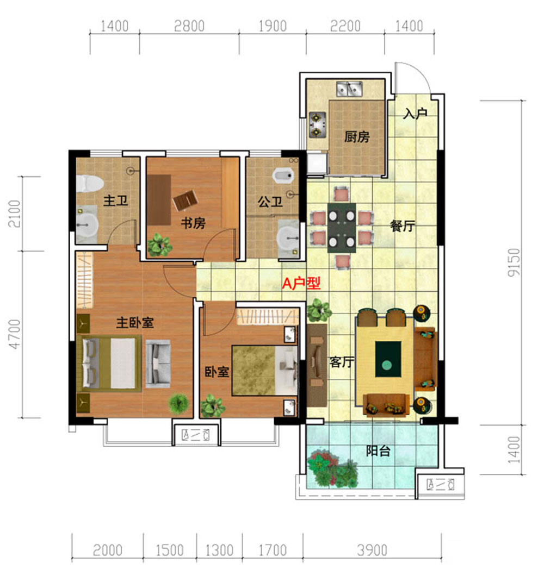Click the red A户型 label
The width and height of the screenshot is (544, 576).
pos(301,283)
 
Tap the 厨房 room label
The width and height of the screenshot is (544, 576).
pos(357,137)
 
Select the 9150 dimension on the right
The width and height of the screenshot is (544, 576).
pos(514,262)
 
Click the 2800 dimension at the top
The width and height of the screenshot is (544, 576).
pos(189,27)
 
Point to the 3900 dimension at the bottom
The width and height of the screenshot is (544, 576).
pos(372,550)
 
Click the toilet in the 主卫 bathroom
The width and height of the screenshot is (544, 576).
pos(89,183)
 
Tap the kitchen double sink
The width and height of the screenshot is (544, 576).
pos(349,89)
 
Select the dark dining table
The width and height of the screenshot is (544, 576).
pos(342,228)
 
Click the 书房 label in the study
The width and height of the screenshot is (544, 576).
pos(193,223)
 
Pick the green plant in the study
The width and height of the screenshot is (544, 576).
pos(160,245)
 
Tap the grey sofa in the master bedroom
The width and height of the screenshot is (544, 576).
pos(158,364)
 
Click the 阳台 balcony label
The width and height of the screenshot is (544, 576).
pos(378,450)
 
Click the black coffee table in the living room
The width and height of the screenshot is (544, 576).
pos(388,359)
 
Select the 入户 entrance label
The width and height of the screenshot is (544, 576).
pos(415,114)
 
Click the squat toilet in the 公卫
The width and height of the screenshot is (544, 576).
pos(283,176)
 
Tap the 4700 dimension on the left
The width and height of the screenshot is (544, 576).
pos(15,334)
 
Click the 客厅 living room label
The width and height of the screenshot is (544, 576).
pos(342,362)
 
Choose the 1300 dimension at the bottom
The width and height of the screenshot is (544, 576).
pos(219,550)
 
